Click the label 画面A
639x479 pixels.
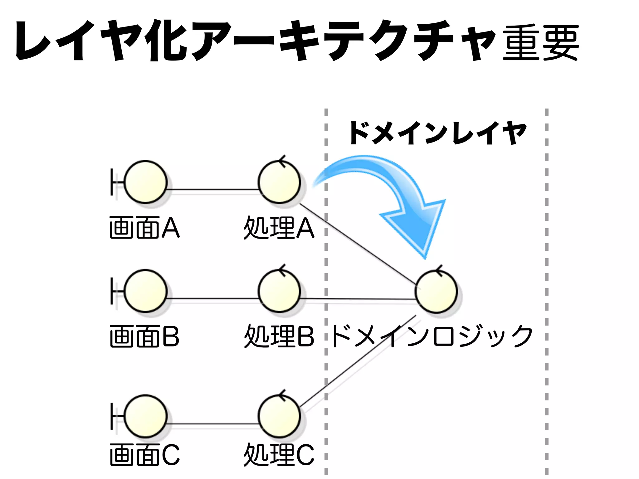coord(144,228)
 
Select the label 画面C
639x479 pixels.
coord(144,455)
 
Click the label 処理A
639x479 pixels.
coord(279,228)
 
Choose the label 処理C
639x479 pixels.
coord(279,455)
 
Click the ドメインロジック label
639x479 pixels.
coord(432,336)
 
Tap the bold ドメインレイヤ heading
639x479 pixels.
coord(438,133)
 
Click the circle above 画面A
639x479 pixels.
coord(145,182)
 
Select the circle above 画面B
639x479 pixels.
coord(145,291)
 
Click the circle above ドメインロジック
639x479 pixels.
coord(437,292)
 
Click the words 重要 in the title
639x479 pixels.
coord(540,43)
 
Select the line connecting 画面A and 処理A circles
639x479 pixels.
coord(213,189)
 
